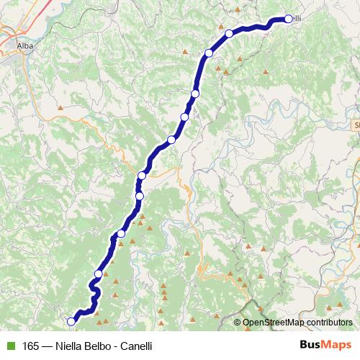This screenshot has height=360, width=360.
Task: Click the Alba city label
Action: [x=26, y=44]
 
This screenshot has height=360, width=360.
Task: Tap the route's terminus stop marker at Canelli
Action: [x=288, y=19]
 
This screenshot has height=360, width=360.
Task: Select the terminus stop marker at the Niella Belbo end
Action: [x=71, y=322]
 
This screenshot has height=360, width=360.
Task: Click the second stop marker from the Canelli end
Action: [x=229, y=33]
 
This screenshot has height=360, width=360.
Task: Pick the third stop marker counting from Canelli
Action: [x=209, y=53]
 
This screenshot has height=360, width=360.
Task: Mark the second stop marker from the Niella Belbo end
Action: [x=98, y=274]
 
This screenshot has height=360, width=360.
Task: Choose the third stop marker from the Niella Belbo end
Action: [x=121, y=233]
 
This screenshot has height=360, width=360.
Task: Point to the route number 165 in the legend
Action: [x=32, y=346]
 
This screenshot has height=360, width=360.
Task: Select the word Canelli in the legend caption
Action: [x=136, y=346]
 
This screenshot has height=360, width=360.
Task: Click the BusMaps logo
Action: [x=325, y=345]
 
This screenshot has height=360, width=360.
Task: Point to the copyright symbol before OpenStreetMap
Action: [x=238, y=322]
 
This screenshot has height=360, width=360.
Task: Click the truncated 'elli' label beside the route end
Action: [x=297, y=19]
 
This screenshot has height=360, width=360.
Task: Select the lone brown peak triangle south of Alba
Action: [x=61, y=109]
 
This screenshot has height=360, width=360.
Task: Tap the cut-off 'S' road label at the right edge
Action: [x=356, y=125]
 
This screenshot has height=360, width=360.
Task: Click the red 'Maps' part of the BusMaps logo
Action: [x=337, y=345]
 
